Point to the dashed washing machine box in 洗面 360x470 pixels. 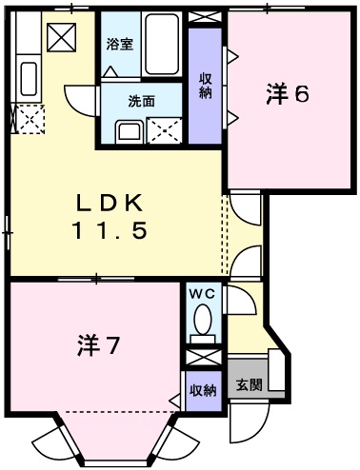166,129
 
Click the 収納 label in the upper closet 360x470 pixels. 204,85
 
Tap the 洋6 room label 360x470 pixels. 288,95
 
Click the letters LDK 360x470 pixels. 110,203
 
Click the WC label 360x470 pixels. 202,295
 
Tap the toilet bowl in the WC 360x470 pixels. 202,327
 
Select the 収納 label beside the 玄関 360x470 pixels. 201,389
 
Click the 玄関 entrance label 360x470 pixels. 249,385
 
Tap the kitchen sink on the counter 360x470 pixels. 27,78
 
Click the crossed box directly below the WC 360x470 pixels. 201,359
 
